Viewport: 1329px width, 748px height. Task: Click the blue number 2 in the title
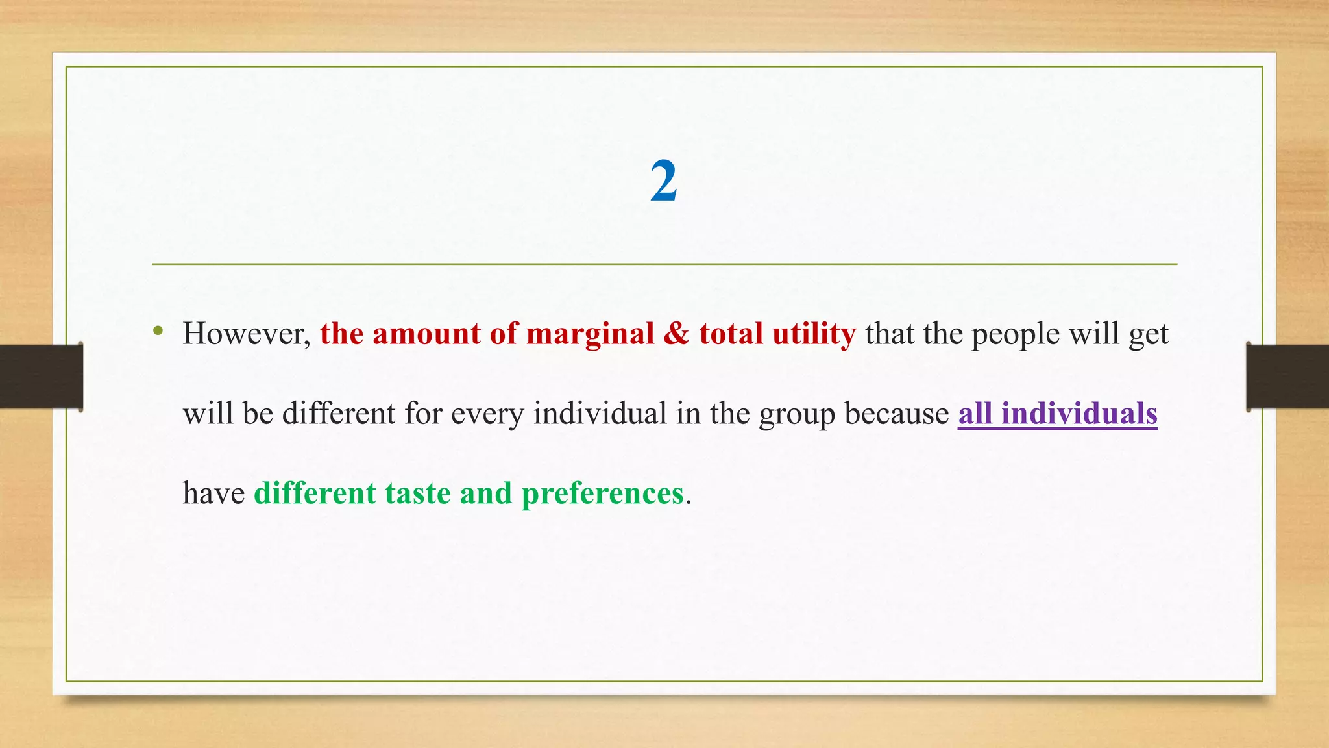pyautogui.click(x=664, y=182)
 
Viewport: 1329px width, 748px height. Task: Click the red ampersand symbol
pyautogui.click(x=676, y=334)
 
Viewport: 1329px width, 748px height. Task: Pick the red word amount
pyautogui.click(x=426, y=334)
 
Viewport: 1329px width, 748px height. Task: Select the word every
pyautogui.click(x=487, y=414)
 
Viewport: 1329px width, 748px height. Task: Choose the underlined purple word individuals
pyautogui.click(x=1079, y=414)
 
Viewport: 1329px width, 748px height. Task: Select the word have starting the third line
pyautogui.click(x=213, y=493)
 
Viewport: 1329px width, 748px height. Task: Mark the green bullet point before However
pyautogui.click(x=158, y=332)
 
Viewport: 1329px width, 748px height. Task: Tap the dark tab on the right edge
pyautogui.click(x=1287, y=377)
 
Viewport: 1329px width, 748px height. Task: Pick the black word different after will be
pyautogui.click(x=339, y=414)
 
